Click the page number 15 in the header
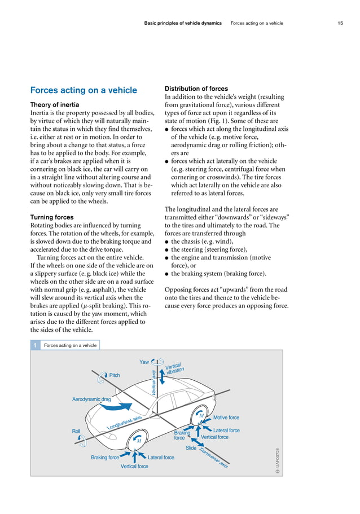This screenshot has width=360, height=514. pos(340,23)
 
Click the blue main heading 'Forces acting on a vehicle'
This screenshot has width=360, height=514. pos(84,90)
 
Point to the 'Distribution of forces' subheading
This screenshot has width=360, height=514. pos(196,89)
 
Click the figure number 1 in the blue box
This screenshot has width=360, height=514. pos(35,345)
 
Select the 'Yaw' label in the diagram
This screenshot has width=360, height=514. pos(144,362)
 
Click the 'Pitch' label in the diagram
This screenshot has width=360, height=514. pos(115,375)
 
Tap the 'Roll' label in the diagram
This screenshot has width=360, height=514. pos(76,431)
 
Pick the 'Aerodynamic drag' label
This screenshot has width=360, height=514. pos(91,399)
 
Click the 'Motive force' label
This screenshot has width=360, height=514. pos(226,418)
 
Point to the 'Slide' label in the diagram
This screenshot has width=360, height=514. pos(191,448)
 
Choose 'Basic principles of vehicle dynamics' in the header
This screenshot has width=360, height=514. pos(183,23)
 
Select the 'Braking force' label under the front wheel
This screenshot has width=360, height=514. pos(105,458)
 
